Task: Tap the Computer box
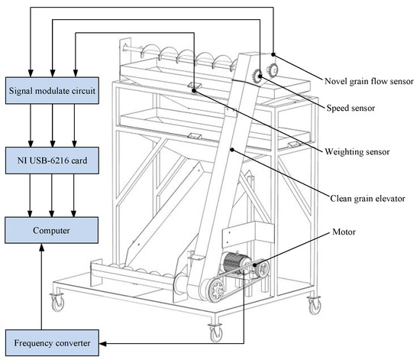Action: (52, 229)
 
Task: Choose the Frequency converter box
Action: (52, 342)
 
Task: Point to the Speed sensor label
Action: (347, 109)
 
